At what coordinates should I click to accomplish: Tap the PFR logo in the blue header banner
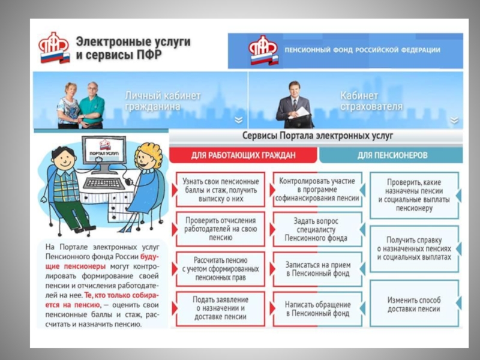(x=263, y=50)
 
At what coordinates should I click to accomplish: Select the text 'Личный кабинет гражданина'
(x=163, y=101)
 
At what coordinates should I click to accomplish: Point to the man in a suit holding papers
(x=295, y=104)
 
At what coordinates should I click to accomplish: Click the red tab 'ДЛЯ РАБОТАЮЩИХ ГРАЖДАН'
(x=243, y=155)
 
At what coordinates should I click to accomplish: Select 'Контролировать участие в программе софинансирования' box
(x=317, y=189)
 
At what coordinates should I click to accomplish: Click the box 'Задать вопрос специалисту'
(x=317, y=229)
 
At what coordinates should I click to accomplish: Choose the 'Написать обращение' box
(x=317, y=308)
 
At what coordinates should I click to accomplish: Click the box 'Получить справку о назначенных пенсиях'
(x=414, y=248)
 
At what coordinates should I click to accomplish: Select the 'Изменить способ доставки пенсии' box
(x=414, y=304)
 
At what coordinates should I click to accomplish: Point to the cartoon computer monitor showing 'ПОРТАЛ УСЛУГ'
(x=104, y=153)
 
